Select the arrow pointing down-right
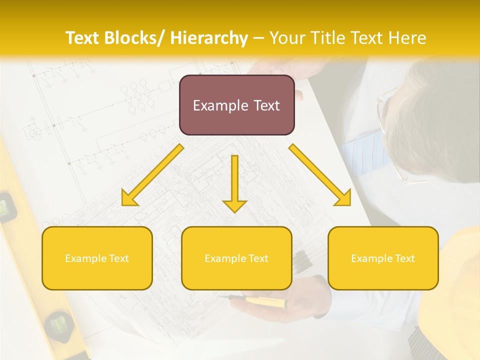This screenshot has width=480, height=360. tap(320, 175)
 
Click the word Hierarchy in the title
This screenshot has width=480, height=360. tap(208, 38)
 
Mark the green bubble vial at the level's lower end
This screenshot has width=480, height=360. tap(59, 325)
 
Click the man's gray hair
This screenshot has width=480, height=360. tap(435, 120)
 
